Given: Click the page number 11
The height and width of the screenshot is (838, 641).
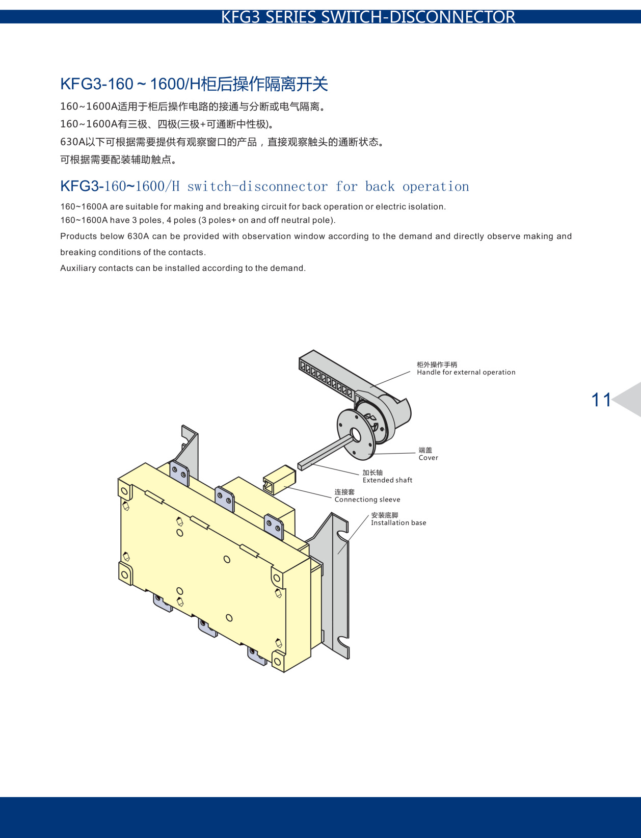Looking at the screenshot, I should (601, 400).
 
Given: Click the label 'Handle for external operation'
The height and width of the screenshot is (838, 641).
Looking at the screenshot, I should (466, 373).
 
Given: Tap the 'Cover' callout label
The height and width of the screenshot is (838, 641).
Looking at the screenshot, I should (428, 458).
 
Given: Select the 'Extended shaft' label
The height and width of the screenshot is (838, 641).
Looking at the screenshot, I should (387, 480).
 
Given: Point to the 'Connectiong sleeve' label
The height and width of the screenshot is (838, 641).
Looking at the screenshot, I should (367, 500).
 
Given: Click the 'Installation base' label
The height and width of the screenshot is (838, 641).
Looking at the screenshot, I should (398, 523).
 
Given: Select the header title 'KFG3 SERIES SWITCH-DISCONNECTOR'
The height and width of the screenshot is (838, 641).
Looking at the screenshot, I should (368, 17).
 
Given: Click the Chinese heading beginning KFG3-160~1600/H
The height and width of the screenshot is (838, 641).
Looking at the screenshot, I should (194, 84).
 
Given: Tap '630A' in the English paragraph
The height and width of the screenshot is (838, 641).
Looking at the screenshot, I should (138, 237).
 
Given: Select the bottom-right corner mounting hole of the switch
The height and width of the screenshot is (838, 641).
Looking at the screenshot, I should (277, 661).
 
